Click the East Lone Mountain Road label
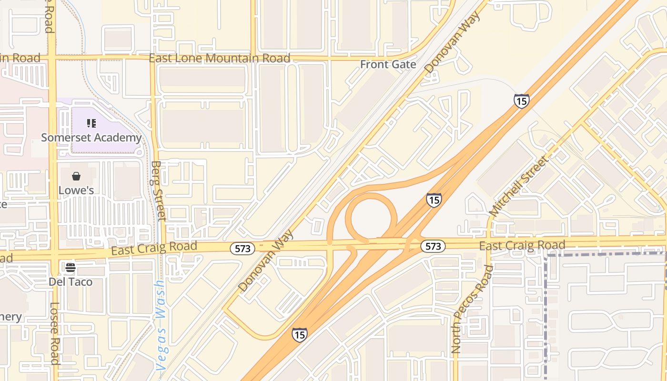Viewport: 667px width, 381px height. (220, 59)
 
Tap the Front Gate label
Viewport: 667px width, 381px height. (388, 64)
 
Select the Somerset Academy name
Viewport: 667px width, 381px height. (91, 138)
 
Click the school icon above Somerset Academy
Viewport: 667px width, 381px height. (91, 124)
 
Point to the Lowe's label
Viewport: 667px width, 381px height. (76, 190)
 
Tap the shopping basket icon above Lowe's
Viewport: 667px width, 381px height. (76, 177)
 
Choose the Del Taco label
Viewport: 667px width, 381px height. (71, 281)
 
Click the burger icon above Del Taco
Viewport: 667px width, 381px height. (71, 268)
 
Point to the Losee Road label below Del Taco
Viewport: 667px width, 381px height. (55, 333)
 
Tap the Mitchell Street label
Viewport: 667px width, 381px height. (519, 186)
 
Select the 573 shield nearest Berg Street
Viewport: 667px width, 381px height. (243, 248)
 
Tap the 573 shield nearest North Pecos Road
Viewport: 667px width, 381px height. (433, 246)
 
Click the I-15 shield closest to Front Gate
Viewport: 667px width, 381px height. (522, 101)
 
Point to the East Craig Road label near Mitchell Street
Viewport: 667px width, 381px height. (522, 246)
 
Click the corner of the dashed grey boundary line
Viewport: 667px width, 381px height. (546, 256)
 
